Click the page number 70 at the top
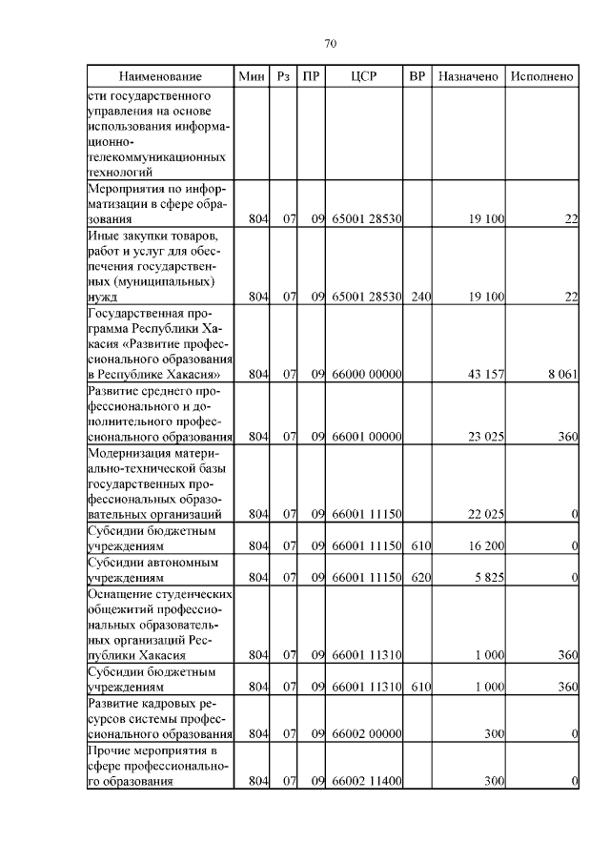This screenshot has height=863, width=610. (x=331, y=43)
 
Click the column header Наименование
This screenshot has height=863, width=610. (x=160, y=76)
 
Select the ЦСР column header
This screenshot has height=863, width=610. (x=365, y=76)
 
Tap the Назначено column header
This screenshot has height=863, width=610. (x=468, y=76)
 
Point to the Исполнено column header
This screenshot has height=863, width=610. (x=541, y=76)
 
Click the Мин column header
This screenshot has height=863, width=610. (x=252, y=76)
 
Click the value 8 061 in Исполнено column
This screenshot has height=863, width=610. (x=562, y=374)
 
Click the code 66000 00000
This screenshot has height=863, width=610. (x=366, y=374)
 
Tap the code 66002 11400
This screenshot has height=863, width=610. (x=366, y=782)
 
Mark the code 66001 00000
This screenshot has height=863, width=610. (x=366, y=437)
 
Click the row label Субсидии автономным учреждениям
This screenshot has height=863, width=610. (x=152, y=569)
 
